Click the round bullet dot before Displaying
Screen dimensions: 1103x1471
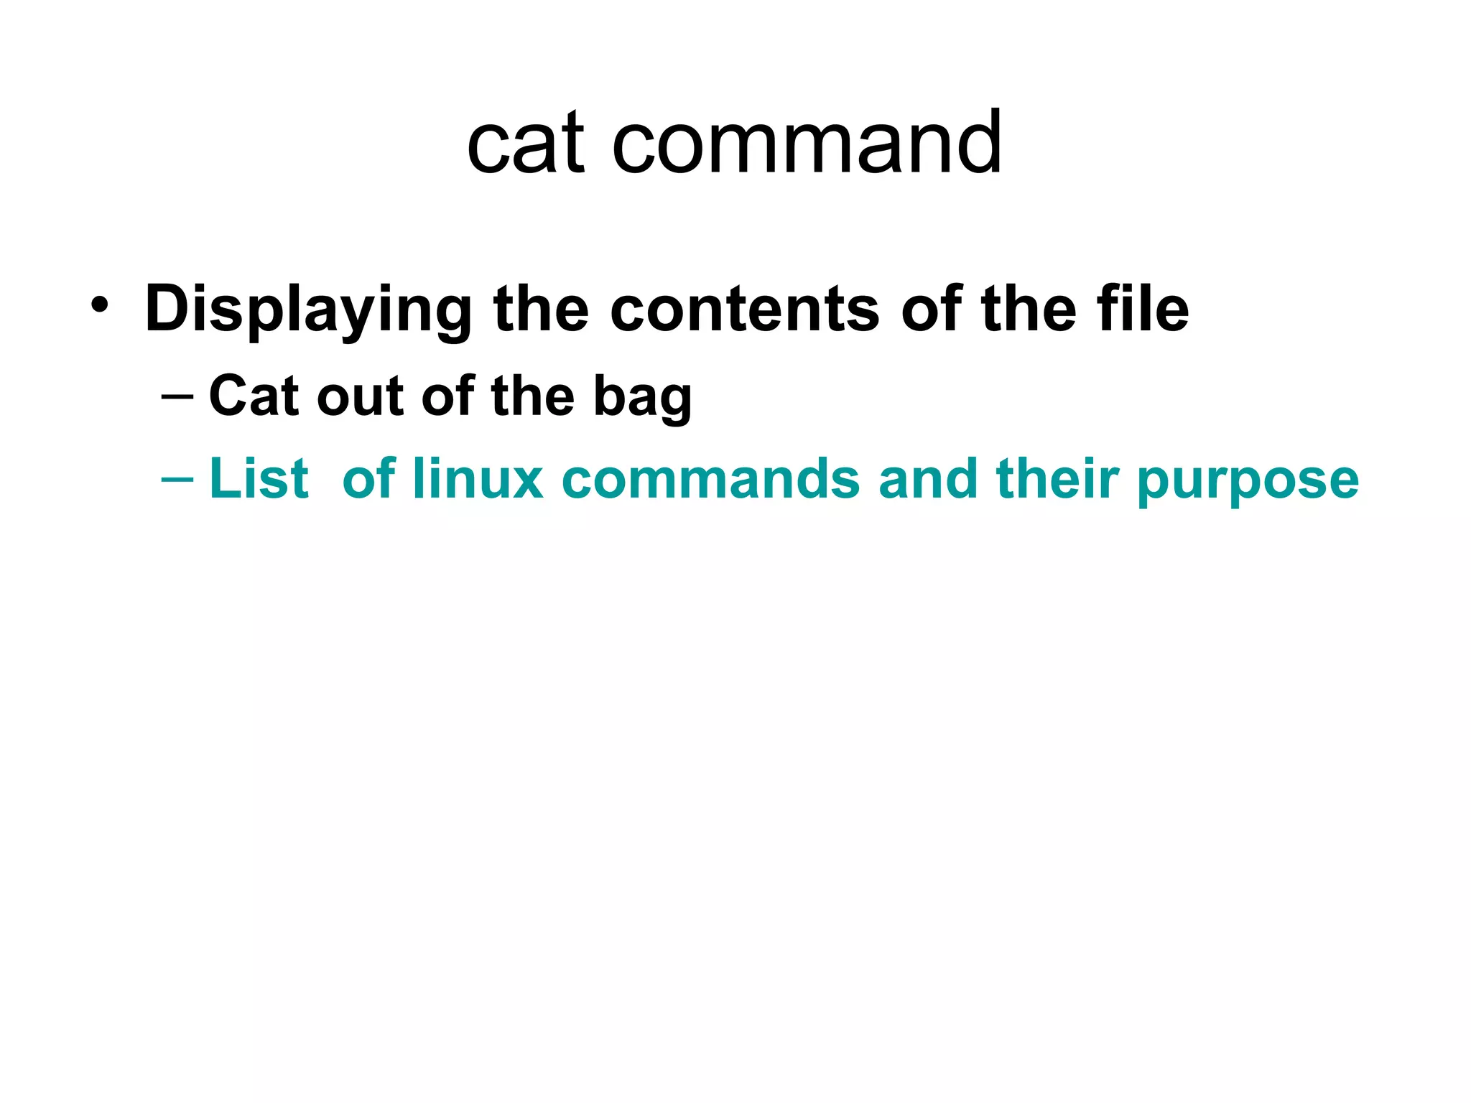(100, 307)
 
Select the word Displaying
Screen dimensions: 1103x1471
(308, 310)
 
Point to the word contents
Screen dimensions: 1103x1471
(745, 310)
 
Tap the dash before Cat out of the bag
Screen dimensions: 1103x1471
(177, 396)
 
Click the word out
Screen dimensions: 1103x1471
(360, 396)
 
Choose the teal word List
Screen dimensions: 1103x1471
(259, 479)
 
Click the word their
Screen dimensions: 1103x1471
(1058, 479)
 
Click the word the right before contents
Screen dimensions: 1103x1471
(541, 310)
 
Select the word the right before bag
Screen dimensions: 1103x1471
(533, 396)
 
